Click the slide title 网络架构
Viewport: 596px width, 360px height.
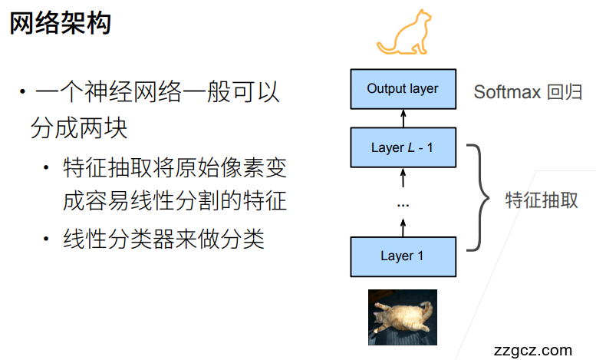point(60,23)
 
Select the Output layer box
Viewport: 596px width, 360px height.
point(403,89)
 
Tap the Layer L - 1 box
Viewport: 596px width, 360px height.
point(403,147)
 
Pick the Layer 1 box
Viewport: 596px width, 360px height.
point(403,256)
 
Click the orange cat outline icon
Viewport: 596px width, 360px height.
point(404,32)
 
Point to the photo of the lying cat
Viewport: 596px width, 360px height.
point(403,317)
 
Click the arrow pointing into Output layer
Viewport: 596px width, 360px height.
point(403,119)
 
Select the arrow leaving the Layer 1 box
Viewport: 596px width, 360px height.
point(403,227)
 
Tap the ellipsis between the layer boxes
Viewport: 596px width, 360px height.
point(403,205)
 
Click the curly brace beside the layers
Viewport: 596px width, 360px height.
point(478,198)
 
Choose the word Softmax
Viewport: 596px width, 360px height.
point(507,92)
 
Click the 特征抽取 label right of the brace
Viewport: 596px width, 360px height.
point(542,200)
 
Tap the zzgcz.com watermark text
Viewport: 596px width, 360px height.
point(533,350)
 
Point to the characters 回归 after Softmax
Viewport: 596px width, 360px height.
point(565,92)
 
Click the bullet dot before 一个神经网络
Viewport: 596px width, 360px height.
point(23,91)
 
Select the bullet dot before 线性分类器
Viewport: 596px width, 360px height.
point(46,239)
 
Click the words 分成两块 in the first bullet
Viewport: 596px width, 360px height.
point(79,128)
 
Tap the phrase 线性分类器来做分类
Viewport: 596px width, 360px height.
point(163,239)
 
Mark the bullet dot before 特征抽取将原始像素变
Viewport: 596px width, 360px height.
point(46,167)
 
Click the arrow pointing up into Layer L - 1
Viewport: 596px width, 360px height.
point(403,178)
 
